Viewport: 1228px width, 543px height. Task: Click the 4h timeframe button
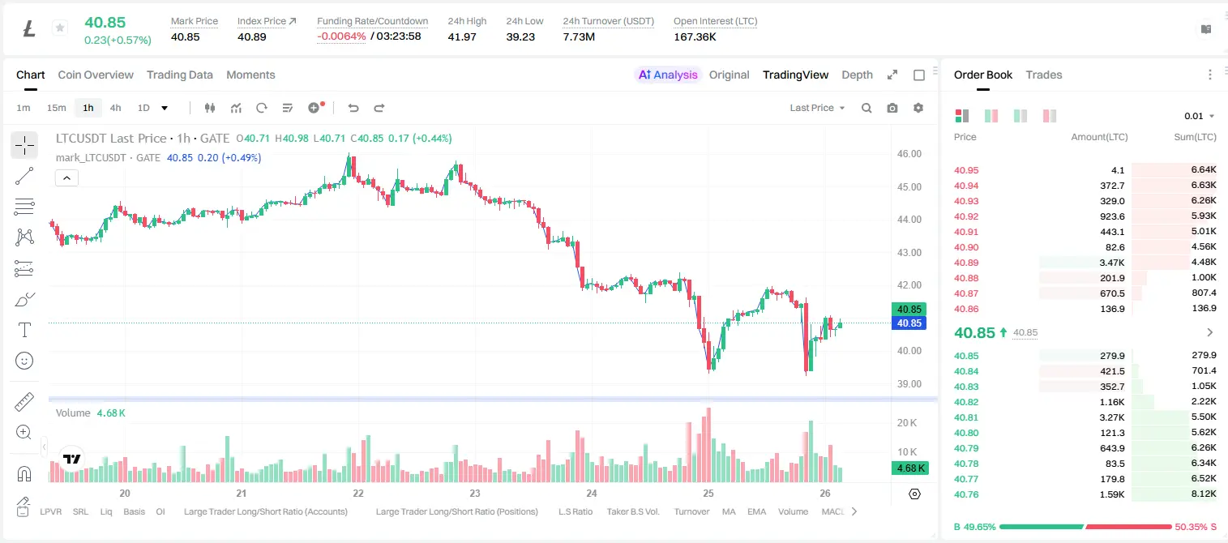[x=115, y=108]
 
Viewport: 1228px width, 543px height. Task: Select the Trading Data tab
[x=180, y=75]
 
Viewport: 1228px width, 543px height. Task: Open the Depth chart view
[x=857, y=75]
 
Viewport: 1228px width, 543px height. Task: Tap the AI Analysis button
[x=668, y=75]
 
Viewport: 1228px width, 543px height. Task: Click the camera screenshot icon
[x=892, y=108]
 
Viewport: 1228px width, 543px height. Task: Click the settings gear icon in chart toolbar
[x=918, y=108]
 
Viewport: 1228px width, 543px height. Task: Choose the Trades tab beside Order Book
[x=1044, y=75]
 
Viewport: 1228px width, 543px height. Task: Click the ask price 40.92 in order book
[x=966, y=216]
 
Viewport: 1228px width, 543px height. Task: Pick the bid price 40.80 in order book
[x=966, y=433]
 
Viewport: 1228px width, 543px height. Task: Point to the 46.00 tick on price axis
[x=909, y=154]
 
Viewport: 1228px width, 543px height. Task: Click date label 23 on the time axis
[x=475, y=493]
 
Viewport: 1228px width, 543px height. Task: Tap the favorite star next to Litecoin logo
[x=60, y=28]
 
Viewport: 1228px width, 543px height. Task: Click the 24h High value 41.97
[x=461, y=36]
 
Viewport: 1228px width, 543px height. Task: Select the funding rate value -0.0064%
[x=341, y=36]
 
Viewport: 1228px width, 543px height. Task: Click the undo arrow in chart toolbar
[x=353, y=108]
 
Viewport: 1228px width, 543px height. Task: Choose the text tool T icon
[x=24, y=330]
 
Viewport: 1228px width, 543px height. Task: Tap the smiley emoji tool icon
[x=24, y=361]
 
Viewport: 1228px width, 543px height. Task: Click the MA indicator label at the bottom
[x=729, y=511]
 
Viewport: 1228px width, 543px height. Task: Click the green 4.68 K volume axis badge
[x=910, y=468]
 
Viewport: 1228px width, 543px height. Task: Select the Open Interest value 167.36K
[x=695, y=36]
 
